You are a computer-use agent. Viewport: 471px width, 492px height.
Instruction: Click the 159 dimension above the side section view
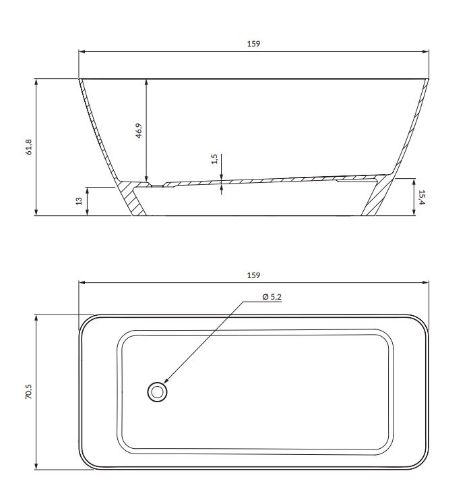[253, 44]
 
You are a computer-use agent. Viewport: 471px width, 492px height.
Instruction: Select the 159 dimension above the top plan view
[253, 275]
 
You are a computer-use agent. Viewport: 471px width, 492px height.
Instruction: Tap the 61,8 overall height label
[29, 147]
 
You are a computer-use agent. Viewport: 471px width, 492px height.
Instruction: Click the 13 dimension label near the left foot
[79, 202]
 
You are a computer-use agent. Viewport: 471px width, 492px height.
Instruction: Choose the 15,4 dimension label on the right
[422, 196]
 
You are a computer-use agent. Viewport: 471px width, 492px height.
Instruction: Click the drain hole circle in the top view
[157, 391]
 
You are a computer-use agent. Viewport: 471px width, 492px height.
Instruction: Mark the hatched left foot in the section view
[135, 202]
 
